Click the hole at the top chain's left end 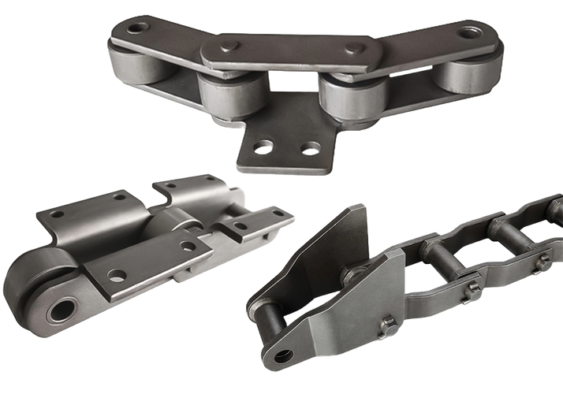click(139, 28)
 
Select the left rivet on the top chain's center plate click(228, 46)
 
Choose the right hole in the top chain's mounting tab click(311, 148)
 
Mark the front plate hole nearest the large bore click(117, 276)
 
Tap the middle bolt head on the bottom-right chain click(472, 291)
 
